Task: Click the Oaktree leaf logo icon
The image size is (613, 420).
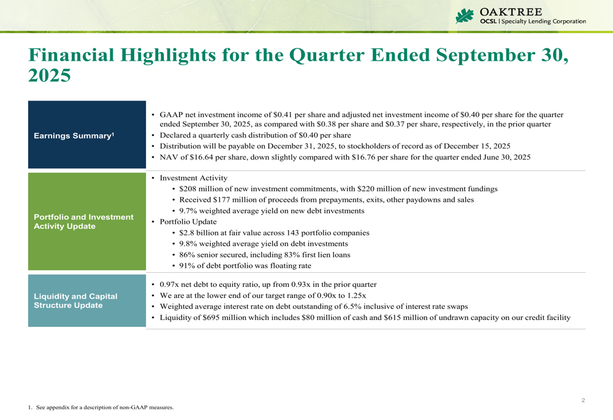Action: click(x=465, y=17)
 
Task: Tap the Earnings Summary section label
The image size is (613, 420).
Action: click(x=74, y=135)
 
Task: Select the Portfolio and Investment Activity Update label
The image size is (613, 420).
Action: click(x=83, y=222)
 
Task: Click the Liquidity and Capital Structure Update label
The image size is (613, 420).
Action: click(x=75, y=301)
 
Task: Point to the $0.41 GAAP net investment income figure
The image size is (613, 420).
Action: click(x=284, y=115)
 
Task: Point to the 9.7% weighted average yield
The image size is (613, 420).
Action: click(x=189, y=211)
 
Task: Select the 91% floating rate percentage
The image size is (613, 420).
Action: click(x=188, y=266)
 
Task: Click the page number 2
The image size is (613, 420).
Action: click(x=583, y=400)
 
